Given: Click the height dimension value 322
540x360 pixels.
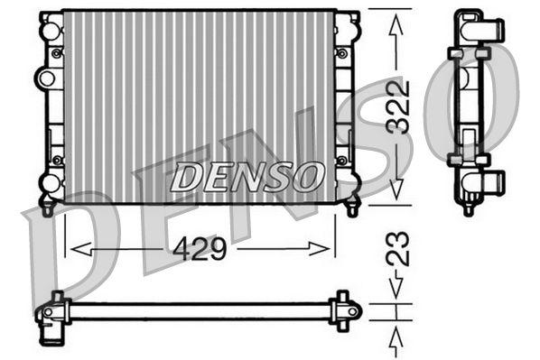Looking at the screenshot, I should coord(398,107).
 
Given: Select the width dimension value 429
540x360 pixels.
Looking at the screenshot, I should coord(200,248).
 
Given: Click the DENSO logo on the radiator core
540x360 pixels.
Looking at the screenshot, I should coord(246,177).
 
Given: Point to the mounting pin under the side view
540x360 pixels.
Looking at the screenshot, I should coord(468,208).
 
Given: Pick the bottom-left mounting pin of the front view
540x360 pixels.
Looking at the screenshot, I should coord(48,207).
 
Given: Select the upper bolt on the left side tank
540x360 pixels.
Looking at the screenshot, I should coord(57,53).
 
